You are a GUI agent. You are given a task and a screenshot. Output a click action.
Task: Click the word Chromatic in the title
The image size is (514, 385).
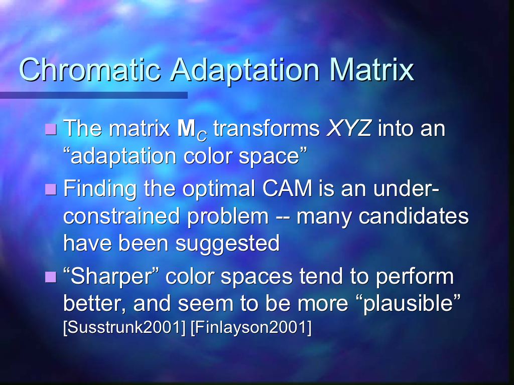pyautogui.click(x=90, y=69)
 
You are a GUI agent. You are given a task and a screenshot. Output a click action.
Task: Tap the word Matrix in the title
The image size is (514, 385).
pyautogui.click(x=372, y=69)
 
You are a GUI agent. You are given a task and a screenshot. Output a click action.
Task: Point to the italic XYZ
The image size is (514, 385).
pyautogui.click(x=349, y=128)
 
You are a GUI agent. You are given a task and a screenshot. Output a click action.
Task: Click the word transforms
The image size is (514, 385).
pyautogui.click(x=266, y=128)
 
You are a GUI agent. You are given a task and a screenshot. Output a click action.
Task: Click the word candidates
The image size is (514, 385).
pyautogui.click(x=414, y=216)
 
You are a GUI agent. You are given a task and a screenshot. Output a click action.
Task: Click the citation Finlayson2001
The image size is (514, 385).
pyautogui.click(x=251, y=327)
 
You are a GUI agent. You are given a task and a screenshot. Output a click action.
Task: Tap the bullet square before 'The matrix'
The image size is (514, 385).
pyautogui.click(x=51, y=129)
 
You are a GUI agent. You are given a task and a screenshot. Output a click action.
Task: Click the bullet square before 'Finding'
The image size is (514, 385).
pyautogui.click(x=51, y=189)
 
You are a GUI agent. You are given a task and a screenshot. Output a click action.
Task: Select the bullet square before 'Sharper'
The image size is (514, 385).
pyautogui.click(x=51, y=277)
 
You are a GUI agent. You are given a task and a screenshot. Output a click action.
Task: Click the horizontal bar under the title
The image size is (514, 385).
pyautogui.click(x=94, y=95)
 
